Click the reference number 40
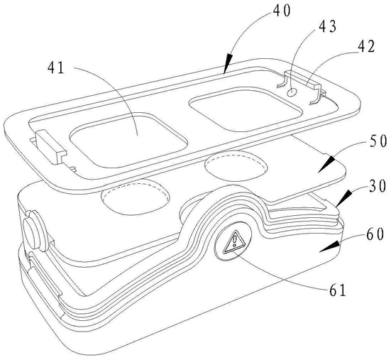(x=282, y=11)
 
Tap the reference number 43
(x=328, y=27)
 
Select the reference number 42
(x=366, y=46)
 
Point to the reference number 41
(x=56, y=67)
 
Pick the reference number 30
(x=378, y=186)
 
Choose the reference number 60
(x=375, y=234)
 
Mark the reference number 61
(x=338, y=290)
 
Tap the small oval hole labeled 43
(x=292, y=92)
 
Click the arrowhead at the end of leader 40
(x=227, y=64)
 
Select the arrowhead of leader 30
(x=343, y=198)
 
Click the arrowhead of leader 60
(x=330, y=246)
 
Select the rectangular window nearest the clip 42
(x=245, y=109)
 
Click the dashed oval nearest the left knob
(x=135, y=197)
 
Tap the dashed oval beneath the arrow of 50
(x=236, y=165)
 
